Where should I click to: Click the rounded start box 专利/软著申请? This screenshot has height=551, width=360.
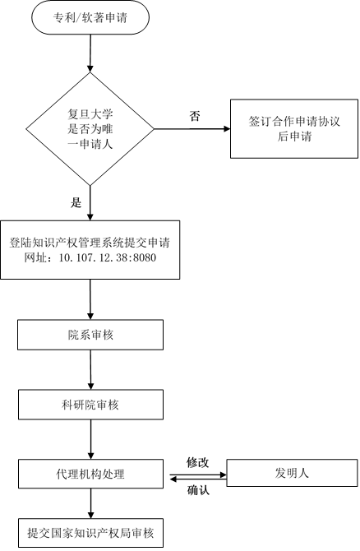point(90,17)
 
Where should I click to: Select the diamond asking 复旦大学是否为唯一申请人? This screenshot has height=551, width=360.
point(90,129)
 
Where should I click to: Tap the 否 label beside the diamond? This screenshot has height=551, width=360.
point(195,116)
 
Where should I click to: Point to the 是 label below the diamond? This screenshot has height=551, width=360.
point(76,202)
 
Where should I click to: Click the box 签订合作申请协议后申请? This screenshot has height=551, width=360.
point(294,128)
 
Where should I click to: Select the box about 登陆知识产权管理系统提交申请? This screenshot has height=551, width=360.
point(90,250)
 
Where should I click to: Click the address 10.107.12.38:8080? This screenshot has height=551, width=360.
point(108,257)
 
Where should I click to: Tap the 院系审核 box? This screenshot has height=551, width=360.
point(90,335)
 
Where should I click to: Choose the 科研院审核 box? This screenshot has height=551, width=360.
point(90,405)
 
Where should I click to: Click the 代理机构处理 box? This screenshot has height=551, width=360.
point(90,474)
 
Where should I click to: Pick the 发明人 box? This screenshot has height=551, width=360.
point(292,473)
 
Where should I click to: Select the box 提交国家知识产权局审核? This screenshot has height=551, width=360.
point(90,533)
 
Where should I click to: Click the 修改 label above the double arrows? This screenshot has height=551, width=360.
point(198,462)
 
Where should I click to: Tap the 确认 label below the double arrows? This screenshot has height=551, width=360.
point(198,490)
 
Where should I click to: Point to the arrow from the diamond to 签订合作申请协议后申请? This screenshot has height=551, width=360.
point(192,129)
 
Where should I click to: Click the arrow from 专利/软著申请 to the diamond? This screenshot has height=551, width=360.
point(90,53)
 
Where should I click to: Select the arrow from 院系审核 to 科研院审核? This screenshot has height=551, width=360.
point(90,370)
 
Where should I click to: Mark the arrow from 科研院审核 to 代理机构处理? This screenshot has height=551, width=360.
point(90,439)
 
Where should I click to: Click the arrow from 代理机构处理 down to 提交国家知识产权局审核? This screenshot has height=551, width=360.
point(90,503)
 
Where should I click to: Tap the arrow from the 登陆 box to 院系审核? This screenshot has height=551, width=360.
point(90,299)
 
